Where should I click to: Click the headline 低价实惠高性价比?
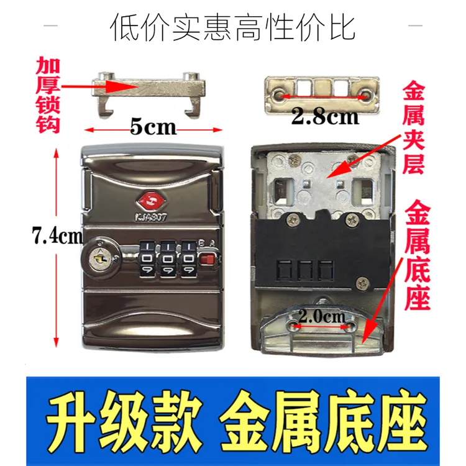[233, 27]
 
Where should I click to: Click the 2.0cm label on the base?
[322, 316]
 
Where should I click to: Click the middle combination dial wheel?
[168, 258]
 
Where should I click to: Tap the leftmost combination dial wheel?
[147, 258]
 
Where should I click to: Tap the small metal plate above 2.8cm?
[322, 91]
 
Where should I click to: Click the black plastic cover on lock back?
[311, 249]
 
